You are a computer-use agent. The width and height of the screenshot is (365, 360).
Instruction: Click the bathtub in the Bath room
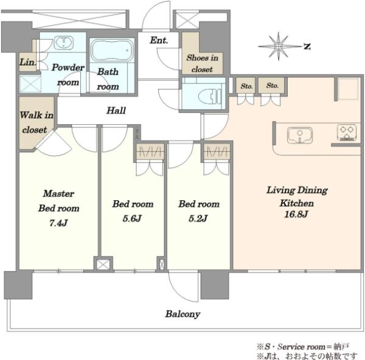(112, 50)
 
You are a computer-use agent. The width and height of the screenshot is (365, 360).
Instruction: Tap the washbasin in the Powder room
(63, 43)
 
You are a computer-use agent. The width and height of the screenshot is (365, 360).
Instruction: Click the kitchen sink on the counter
(300, 135)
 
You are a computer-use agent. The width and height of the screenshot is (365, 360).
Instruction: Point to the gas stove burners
(347, 133)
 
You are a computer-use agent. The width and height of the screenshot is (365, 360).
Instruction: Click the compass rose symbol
(279, 46)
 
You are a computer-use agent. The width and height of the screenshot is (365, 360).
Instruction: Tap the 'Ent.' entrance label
(159, 40)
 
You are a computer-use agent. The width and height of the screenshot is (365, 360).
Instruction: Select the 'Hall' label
(116, 110)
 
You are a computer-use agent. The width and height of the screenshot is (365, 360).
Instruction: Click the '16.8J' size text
(296, 214)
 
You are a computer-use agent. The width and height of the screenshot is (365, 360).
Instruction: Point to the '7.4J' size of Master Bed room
(58, 223)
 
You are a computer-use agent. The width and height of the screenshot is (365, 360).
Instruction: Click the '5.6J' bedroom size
(132, 219)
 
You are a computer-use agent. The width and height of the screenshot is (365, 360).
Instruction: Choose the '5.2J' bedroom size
(198, 219)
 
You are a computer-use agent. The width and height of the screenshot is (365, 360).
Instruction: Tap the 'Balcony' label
(182, 314)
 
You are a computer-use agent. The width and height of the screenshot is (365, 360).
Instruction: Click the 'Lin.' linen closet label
(28, 62)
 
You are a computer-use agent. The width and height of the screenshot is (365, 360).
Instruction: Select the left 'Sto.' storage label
(246, 86)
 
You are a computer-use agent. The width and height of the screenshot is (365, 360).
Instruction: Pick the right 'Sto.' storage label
(273, 85)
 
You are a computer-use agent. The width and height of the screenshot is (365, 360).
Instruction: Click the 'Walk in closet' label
(36, 122)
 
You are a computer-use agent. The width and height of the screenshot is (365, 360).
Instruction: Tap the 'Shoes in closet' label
(202, 63)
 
